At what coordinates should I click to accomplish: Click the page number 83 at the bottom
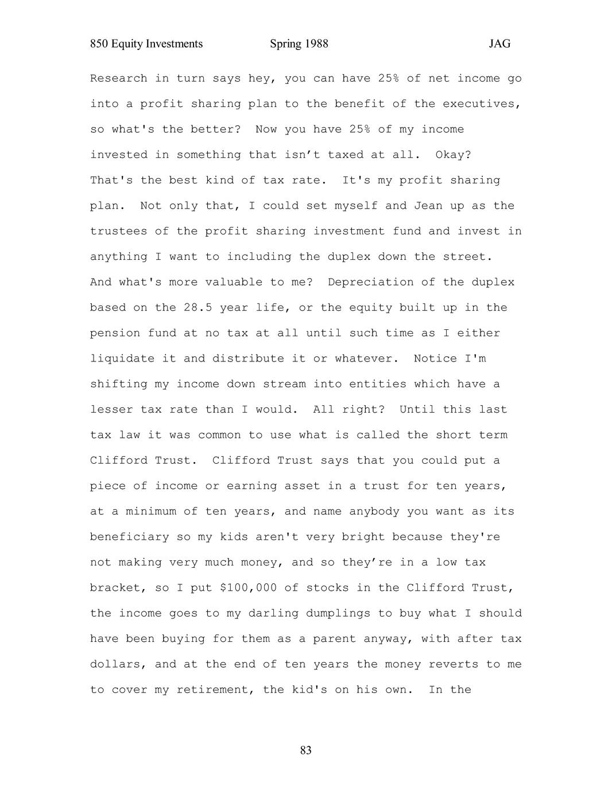coord(305,750)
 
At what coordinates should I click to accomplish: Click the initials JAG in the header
coord(499,44)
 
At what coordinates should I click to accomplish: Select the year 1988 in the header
coord(316,44)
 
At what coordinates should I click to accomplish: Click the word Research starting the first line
coord(118,79)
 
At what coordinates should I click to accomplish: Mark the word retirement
coord(212,690)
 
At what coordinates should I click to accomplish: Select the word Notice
coord(435,359)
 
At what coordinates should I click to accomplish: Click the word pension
coord(115,333)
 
